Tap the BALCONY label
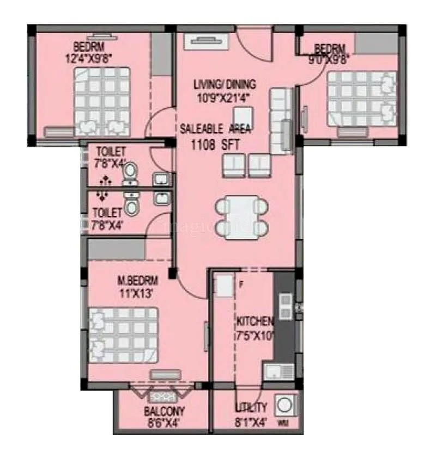[164, 411]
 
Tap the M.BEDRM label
[138, 281]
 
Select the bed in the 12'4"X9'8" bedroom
[103, 101]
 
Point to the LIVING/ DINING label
[225, 84]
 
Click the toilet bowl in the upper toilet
[130, 172]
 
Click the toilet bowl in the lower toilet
[131, 206]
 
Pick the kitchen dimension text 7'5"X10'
[256, 335]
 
